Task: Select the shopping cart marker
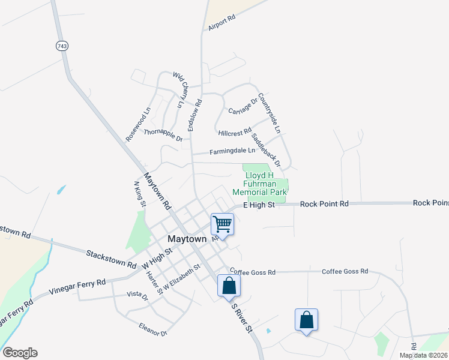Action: point(222,225)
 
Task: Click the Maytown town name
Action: point(187,238)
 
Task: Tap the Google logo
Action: point(20,353)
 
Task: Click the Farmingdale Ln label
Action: point(232,151)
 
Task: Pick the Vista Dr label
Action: point(137,295)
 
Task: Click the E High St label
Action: point(259,205)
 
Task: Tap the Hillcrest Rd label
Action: point(235,131)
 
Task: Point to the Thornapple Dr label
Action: point(163,134)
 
